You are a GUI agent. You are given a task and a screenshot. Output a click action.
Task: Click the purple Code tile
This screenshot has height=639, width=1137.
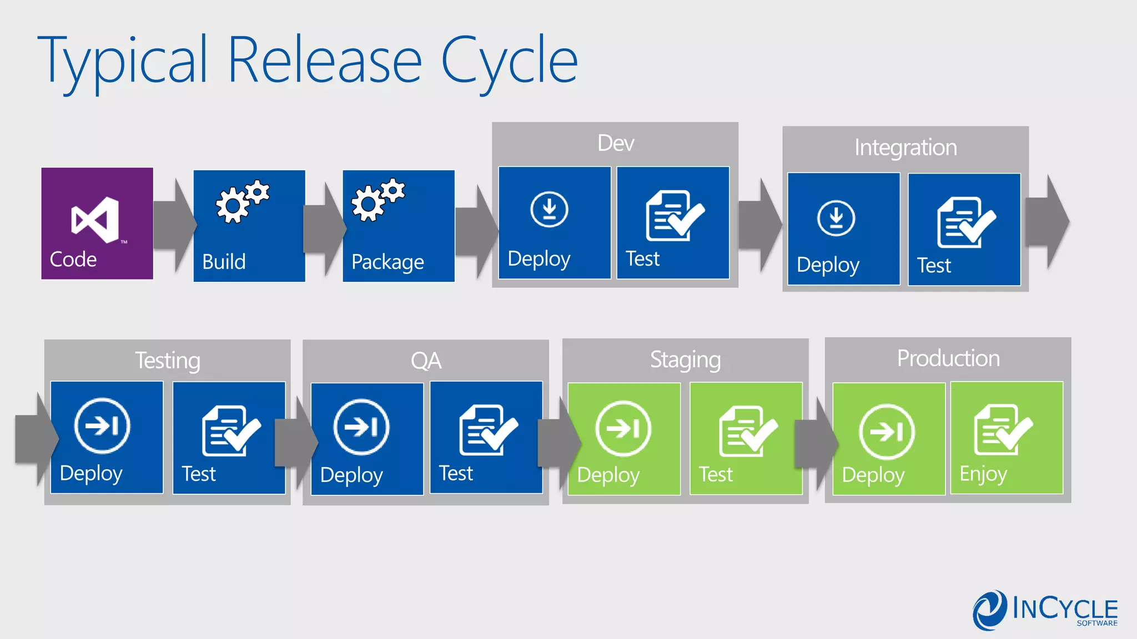coord(97,223)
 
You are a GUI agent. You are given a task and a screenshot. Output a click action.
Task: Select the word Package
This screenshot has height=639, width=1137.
coord(388,262)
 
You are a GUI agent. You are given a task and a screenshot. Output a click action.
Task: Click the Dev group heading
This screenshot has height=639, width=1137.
coord(616,143)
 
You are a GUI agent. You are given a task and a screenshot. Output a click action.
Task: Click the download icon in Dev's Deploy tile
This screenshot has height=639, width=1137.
coord(549,209)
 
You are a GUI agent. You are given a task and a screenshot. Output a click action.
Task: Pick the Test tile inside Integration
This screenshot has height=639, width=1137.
coord(964,230)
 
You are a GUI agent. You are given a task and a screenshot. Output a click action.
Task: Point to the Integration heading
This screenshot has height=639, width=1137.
coord(905,148)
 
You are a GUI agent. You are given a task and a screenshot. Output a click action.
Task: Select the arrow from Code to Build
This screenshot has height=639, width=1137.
coord(174,225)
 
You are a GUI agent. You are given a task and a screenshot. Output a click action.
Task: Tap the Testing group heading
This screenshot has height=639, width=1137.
coord(167,361)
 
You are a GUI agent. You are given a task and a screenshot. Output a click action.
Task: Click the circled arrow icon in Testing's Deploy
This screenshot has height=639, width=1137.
coord(102,425)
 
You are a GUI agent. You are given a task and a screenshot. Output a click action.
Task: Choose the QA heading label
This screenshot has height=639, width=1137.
coord(426,361)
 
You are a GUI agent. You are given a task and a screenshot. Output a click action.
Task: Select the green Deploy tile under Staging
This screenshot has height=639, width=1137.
coord(624,438)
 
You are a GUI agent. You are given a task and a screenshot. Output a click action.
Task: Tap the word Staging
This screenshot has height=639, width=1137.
coord(685,360)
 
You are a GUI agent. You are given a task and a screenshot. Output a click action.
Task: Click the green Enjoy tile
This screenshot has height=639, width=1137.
coord(1007,438)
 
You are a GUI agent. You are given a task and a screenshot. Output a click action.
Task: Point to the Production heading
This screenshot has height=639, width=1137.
coord(948,358)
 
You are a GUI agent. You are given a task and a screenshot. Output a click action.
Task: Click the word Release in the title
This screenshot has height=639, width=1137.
coord(325,60)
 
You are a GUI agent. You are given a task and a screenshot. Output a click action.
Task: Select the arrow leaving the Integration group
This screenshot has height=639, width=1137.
coord(1047,222)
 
